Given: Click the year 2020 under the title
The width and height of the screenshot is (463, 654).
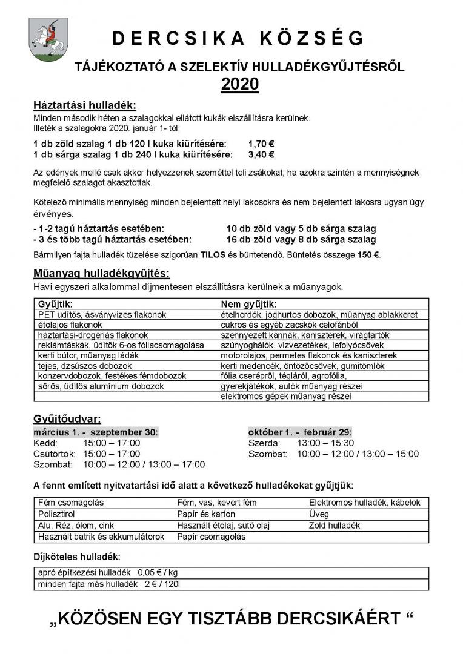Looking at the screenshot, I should [239, 85].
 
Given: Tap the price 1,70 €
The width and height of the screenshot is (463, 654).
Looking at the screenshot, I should [261, 144].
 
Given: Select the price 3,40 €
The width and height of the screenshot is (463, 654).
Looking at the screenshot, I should [261, 154].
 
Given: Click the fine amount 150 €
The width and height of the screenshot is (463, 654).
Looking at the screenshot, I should [368, 254].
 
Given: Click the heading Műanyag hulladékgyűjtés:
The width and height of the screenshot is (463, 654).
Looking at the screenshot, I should [101, 274].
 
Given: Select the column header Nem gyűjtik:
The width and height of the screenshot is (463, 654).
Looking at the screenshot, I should [248, 304].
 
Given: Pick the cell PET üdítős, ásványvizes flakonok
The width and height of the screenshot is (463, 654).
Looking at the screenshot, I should [102, 315].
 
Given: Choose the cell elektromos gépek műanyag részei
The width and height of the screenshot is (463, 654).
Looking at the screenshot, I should [286, 397].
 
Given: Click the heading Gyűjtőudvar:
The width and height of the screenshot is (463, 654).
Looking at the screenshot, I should [67, 419].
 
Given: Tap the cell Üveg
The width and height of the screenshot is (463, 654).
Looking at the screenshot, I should [319, 514].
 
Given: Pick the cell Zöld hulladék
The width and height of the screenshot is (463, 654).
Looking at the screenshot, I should [335, 526].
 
